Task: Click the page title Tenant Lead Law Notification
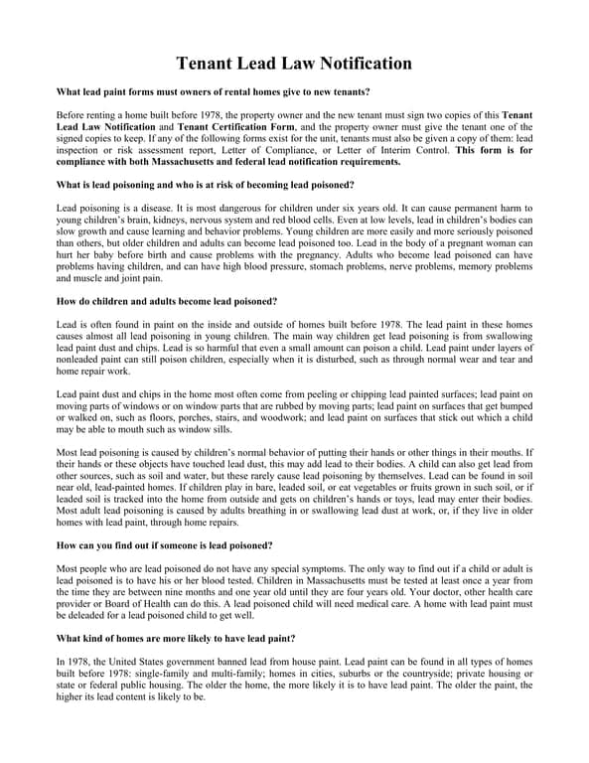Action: point(294,64)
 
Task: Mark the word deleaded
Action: point(83,616)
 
